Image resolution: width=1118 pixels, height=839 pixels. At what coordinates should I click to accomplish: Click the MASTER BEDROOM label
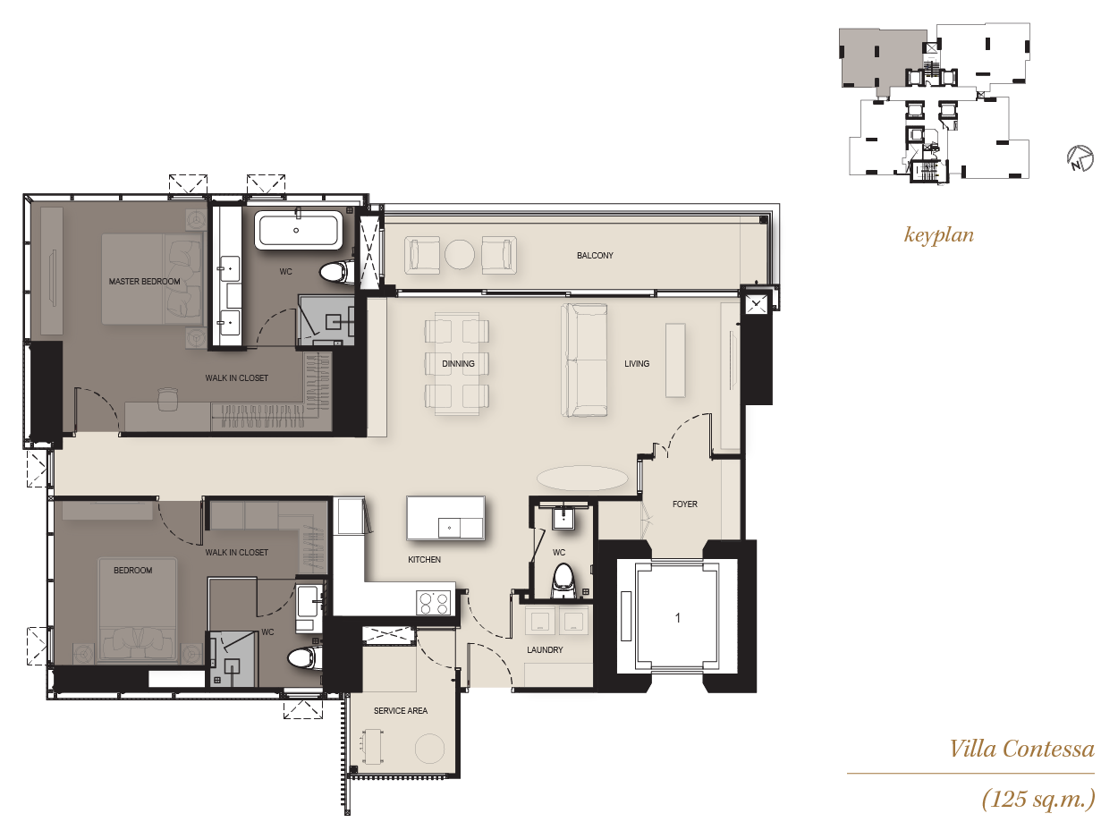[x=144, y=281]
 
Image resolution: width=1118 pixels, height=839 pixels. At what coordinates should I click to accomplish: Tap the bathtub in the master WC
[x=299, y=232]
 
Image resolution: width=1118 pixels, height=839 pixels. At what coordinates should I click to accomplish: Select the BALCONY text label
[x=595, y=255]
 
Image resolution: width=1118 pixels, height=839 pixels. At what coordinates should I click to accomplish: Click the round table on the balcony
[x=460, y=254]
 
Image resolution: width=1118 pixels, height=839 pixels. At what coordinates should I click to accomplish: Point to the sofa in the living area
[x=584, y=360]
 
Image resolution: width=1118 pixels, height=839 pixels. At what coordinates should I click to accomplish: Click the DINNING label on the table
[x=458, y=364]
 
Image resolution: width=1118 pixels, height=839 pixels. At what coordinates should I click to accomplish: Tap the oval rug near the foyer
[x=582, y=479]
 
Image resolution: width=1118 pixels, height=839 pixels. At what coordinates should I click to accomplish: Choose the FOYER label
[x=684, y=504]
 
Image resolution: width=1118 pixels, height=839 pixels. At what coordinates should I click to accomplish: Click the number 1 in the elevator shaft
[x=677, y=618]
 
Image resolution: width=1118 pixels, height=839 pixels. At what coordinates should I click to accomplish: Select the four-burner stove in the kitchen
[x=434, y=603]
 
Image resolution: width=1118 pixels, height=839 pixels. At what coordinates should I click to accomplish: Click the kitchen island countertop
[x=445, y=518]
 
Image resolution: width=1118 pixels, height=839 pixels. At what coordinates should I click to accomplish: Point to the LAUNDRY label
[x=545, y=650]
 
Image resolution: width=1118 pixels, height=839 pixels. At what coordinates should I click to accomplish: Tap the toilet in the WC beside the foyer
[x=563, y=581]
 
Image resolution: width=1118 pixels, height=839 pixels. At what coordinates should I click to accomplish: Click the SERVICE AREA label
[x=401, y=710]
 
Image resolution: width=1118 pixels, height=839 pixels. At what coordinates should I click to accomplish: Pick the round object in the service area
[x=430, y=749]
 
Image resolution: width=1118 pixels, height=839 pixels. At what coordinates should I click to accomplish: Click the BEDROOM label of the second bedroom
[x=132, y=570]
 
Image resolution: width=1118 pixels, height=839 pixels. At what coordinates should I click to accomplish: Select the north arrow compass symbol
[x=1080, y=158]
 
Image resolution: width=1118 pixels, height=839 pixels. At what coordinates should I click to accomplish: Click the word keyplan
[x=939, y=235]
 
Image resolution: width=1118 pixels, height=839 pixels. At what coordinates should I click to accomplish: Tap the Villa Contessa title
[x=1021, y=749]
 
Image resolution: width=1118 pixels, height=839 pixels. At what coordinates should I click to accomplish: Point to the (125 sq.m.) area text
[x=1038, y=799]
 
